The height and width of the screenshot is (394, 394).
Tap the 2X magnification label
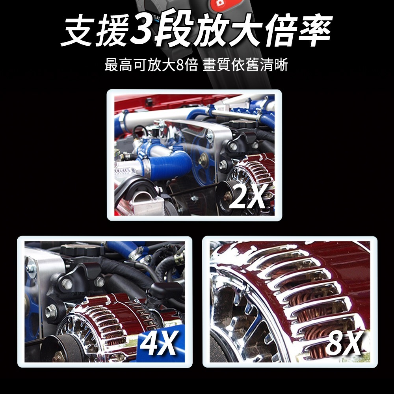point(247,196)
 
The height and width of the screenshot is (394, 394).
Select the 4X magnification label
point(158,342)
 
